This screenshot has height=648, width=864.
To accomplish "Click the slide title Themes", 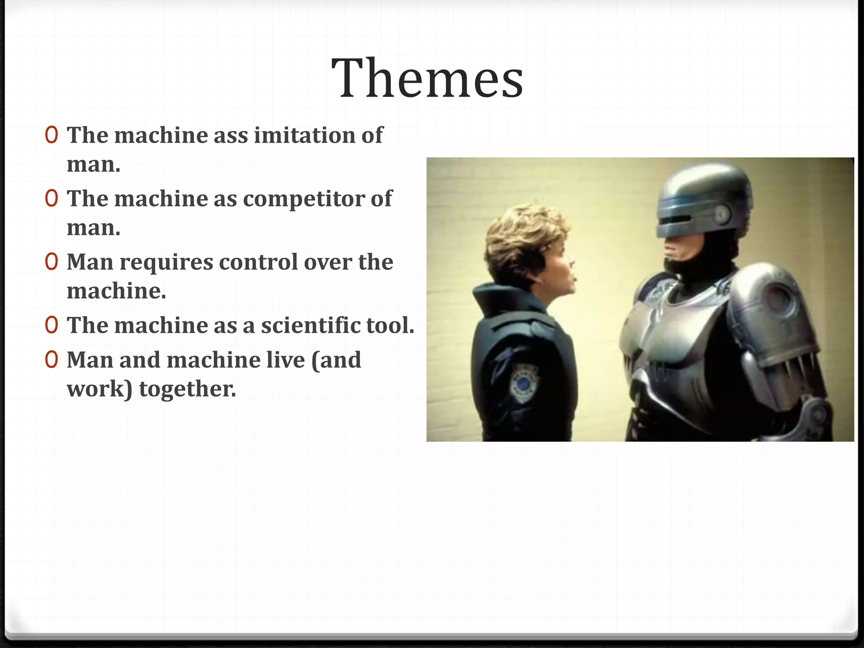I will coord(427,78).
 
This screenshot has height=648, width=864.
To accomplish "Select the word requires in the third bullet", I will coord(166,262).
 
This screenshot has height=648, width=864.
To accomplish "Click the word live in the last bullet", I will coord(286,360).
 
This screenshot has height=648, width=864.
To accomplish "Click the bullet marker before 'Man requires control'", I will coord(51,262).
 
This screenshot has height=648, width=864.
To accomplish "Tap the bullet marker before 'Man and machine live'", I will coord(51,360).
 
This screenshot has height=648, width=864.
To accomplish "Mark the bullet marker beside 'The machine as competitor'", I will coord(51,199).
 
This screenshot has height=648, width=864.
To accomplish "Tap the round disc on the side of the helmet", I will coord(722,213).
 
